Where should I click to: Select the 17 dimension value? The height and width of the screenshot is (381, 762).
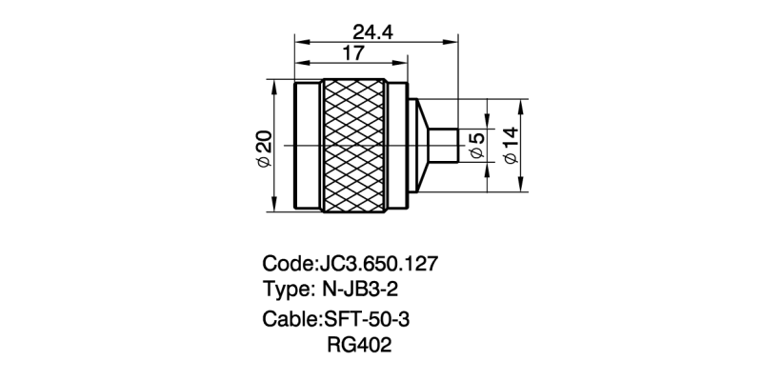(x=352, y=53)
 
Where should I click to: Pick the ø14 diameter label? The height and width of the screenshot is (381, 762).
(x=511, y=146)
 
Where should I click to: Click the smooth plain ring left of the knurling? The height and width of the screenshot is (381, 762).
(x=308, y=145)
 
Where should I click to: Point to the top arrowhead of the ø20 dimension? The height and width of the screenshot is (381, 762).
(x=274, y=86)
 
